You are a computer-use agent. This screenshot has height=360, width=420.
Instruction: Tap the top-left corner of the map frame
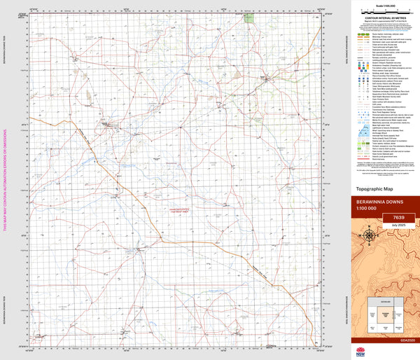click(28, 13)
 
